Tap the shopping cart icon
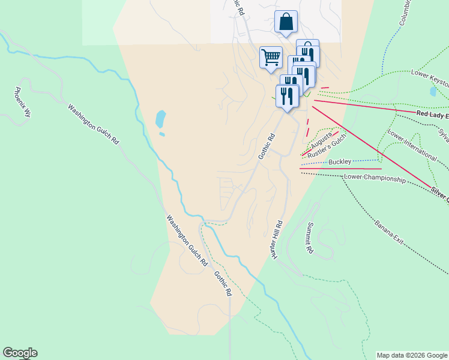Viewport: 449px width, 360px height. [271, 58]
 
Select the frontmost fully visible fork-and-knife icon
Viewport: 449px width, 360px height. [288, 95]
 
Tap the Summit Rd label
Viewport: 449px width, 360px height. [310, 238]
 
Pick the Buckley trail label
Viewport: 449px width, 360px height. [339, 162]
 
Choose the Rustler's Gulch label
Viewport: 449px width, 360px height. [328, 145]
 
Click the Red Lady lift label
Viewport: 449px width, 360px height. [431, 113]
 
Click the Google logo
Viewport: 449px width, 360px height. [20, 353]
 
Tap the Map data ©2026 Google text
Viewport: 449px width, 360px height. [412, 355]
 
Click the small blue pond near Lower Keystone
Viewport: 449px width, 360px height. [433, 92]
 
